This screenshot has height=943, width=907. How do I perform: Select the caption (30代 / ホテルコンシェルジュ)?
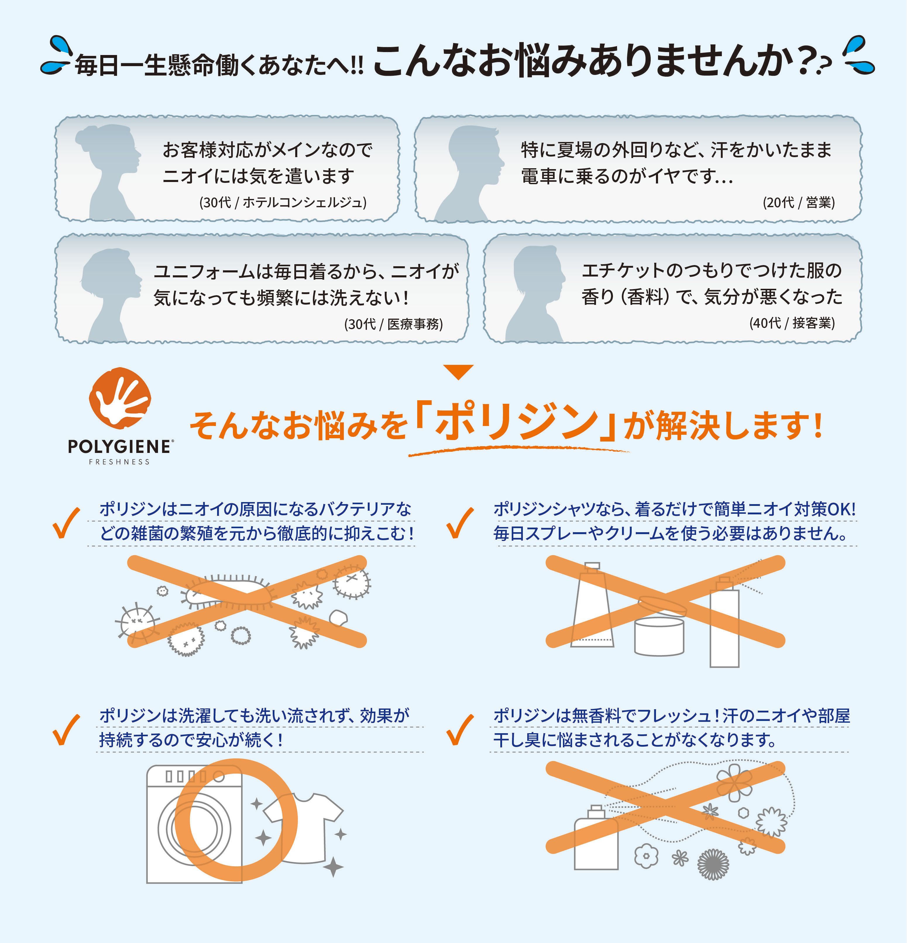coord(283,202)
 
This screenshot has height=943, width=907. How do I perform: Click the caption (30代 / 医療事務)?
coord(393,324)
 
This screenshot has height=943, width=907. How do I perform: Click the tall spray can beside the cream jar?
coord(724,626)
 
